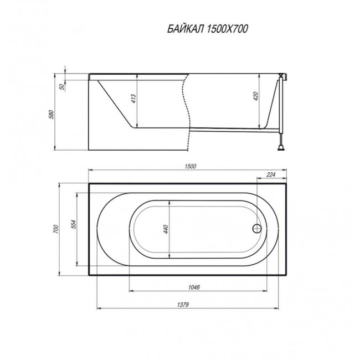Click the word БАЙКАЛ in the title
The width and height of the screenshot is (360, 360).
point(186,29)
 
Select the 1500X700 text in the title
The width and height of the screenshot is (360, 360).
point(227,29)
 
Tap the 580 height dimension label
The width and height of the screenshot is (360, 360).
point(52,114)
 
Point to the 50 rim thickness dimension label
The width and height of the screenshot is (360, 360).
point(61,86)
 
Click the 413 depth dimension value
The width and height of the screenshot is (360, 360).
point(133,99)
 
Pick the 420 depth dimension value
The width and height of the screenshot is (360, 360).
point(255,96)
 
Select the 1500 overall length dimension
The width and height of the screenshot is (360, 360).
point(191,166)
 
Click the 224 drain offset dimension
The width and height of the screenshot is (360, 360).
point(271,174)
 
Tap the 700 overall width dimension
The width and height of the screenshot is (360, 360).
point(56,229)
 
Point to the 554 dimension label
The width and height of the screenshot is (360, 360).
point(73,224)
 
